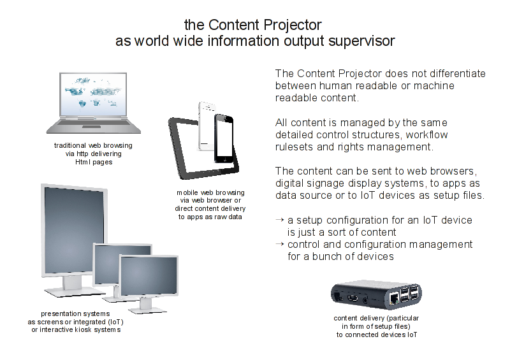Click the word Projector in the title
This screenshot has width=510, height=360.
pos(292,25)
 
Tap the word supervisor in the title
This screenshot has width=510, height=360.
pos(361,41)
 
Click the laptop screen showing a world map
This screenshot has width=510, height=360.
pos(93,94)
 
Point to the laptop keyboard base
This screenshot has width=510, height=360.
pos(94,126)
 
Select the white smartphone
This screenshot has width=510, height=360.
pos(206,126)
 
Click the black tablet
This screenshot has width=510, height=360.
pos(203,148)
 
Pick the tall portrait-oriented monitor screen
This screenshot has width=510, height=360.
pos(74,230)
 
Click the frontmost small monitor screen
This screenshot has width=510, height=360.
pos(149,275)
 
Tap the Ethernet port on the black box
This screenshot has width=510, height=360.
pos(394,298)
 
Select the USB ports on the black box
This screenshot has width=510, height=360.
pos(409,293)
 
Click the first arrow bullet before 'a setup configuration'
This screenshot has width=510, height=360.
pos(279,220)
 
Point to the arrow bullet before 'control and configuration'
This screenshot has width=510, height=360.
pos(279,244)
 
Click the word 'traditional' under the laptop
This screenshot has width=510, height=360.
pos(69,145)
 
